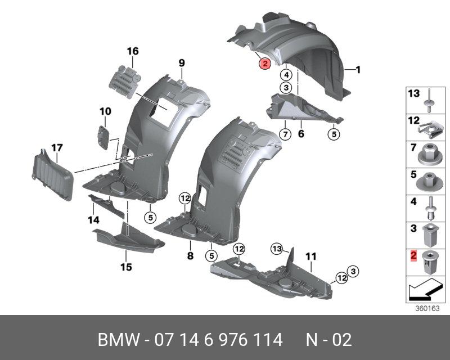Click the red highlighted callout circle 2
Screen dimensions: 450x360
coord(264,64)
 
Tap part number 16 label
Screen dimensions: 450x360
coord(132,52)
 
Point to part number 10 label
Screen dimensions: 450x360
coord(106,111)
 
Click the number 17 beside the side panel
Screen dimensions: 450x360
coord(57,148)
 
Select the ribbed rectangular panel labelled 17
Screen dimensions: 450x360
coord(52,174)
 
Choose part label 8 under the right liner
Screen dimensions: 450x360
coord(190,256)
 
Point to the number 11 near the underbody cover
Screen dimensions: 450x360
coord(310,256)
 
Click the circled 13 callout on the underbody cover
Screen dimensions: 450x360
coord(277,248)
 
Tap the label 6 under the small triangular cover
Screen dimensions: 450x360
coord(300,134)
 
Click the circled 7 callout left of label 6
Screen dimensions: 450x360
coord(285,133)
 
